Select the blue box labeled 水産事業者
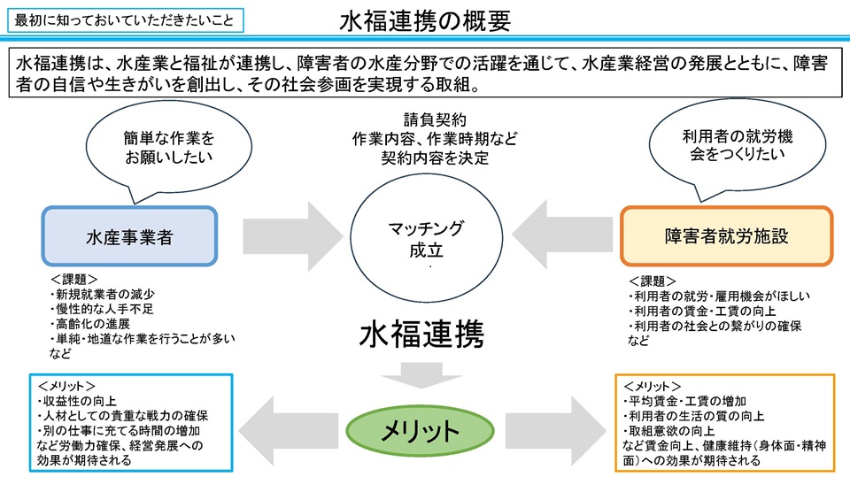click(129, 237)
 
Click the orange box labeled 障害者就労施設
click(726, 236)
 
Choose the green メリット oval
click(420, 431)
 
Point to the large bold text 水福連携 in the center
click(421, 335)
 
